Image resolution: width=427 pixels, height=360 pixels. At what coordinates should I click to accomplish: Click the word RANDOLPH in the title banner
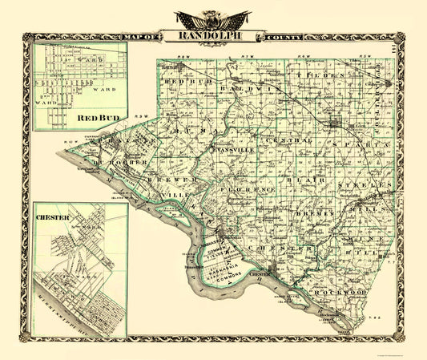(x=213, y=36)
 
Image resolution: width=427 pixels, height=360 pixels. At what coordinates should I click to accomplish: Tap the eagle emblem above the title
(x=213, y=18)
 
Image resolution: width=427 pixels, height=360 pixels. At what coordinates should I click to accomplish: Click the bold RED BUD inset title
(x=93, y=119)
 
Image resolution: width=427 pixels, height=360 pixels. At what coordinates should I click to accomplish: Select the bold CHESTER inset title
(x=52, y=216)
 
